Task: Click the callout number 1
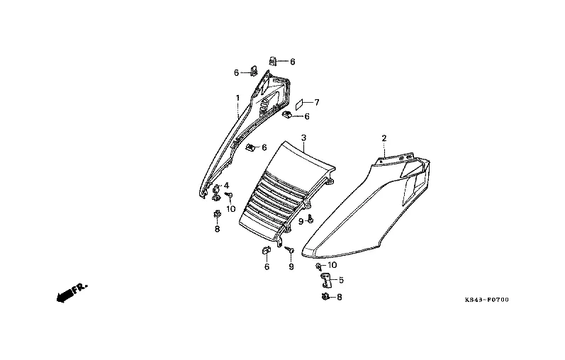tap(238, 97)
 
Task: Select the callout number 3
tap(303, 137)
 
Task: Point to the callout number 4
tap(227, 186)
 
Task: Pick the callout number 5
tap(341, 280)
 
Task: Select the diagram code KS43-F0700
tap(486, 300)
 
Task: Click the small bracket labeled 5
tap(327, 279)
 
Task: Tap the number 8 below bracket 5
tap(339, 297)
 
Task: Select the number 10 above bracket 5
tap(332, 265)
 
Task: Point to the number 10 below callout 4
tap(230, 210)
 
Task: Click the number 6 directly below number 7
tap(307, 116)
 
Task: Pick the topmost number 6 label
tap(292, 62)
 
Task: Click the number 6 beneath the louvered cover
tap(267, 266)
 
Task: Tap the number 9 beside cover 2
tap(301, 221)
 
